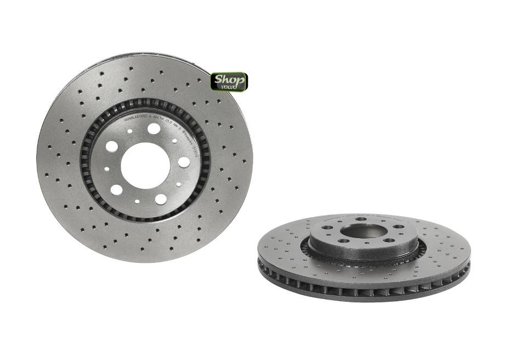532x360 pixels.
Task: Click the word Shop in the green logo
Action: pos(229,78)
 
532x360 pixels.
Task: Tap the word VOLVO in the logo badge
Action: pos(230,86)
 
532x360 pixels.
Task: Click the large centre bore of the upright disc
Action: pos(145,166)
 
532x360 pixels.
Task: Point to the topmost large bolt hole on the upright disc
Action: pos(154,128)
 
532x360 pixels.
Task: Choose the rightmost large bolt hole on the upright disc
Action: pos(184,162)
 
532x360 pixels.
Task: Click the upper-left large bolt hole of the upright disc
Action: pos(112,147)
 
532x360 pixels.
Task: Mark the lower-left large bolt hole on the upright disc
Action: pos(116,190)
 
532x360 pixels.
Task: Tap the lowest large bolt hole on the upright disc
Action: pos(161,199)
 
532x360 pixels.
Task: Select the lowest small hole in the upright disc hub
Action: pos(137,201)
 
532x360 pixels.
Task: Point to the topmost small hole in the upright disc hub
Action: pos(129,131)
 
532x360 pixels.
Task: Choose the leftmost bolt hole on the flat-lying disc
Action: pos(327,227)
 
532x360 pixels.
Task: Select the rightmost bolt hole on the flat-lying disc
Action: pos(398,227)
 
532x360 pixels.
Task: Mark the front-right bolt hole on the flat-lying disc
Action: pos(388,240)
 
